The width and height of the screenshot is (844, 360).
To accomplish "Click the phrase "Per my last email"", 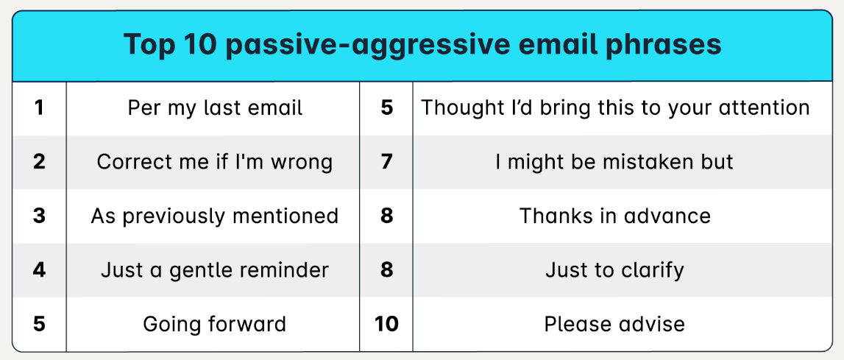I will point(215,108).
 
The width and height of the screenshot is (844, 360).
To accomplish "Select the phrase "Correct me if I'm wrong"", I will point(215,162).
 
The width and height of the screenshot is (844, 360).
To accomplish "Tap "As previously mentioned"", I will point(215,216).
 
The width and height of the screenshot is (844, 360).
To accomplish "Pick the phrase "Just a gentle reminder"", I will point(215,269).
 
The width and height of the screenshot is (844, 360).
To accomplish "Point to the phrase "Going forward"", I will point(215,323).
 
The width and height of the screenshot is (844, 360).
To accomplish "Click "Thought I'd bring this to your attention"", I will point(615,108).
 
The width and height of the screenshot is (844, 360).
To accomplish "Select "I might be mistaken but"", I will point(615,162).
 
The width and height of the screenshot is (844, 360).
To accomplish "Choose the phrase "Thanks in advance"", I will point(615,216).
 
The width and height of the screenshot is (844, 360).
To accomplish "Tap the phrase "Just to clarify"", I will point(615,269).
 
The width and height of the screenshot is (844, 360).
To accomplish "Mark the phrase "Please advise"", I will point(615,323).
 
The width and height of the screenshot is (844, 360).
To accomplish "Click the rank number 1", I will point(39,108).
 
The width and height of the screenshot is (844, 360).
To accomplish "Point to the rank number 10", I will point(386,323).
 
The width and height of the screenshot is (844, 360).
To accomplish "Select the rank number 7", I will point(387,162).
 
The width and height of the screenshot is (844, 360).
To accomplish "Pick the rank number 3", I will point(39,216).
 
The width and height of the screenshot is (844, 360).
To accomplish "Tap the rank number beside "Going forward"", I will point(39,323).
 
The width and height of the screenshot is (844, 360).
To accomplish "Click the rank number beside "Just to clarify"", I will point(387,269).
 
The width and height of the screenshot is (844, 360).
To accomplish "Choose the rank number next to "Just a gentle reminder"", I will point(39,269).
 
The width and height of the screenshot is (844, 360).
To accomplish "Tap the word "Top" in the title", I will point(149,45).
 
